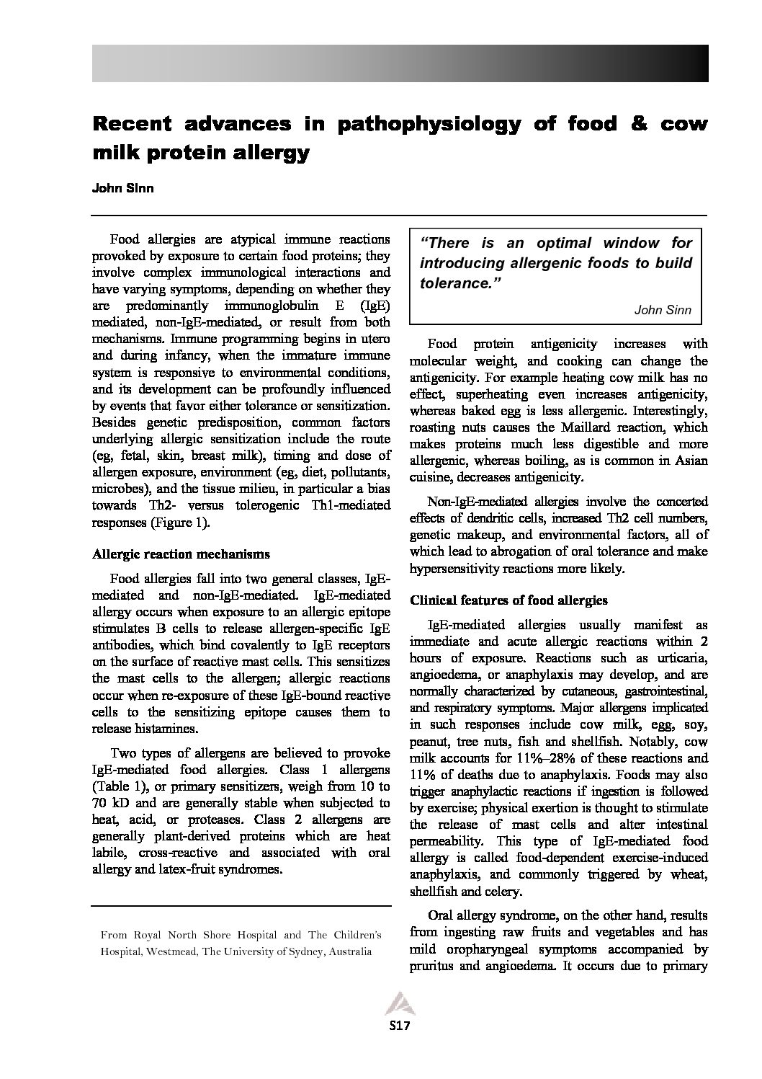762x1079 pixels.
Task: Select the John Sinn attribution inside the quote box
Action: point(662,310)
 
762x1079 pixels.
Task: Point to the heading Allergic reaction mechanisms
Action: point(181,554)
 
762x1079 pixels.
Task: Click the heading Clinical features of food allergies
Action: point(508,600)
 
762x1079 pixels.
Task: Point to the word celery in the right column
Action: point(503,892)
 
